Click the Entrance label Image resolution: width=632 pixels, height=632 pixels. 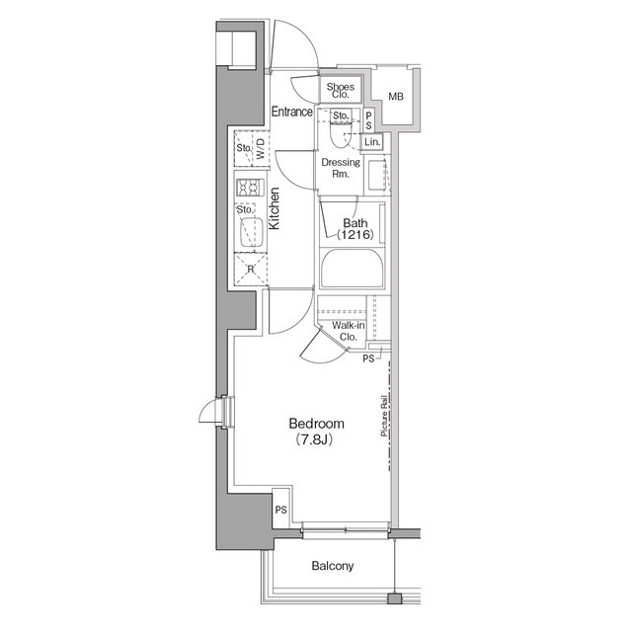(x=292, y=113)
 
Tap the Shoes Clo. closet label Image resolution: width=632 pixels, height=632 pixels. (x=341, y=91)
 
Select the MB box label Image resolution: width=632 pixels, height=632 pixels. (x=396, y=97)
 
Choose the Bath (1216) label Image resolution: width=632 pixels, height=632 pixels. (x=353, y=229)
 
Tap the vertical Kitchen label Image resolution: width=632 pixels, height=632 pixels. (x=275, y=209)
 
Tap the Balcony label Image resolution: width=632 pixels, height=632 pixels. (x=333, y=567)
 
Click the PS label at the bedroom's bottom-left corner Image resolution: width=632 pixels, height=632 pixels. (x=280, y=510)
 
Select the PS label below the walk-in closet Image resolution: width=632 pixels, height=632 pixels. (x=368, y=359)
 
